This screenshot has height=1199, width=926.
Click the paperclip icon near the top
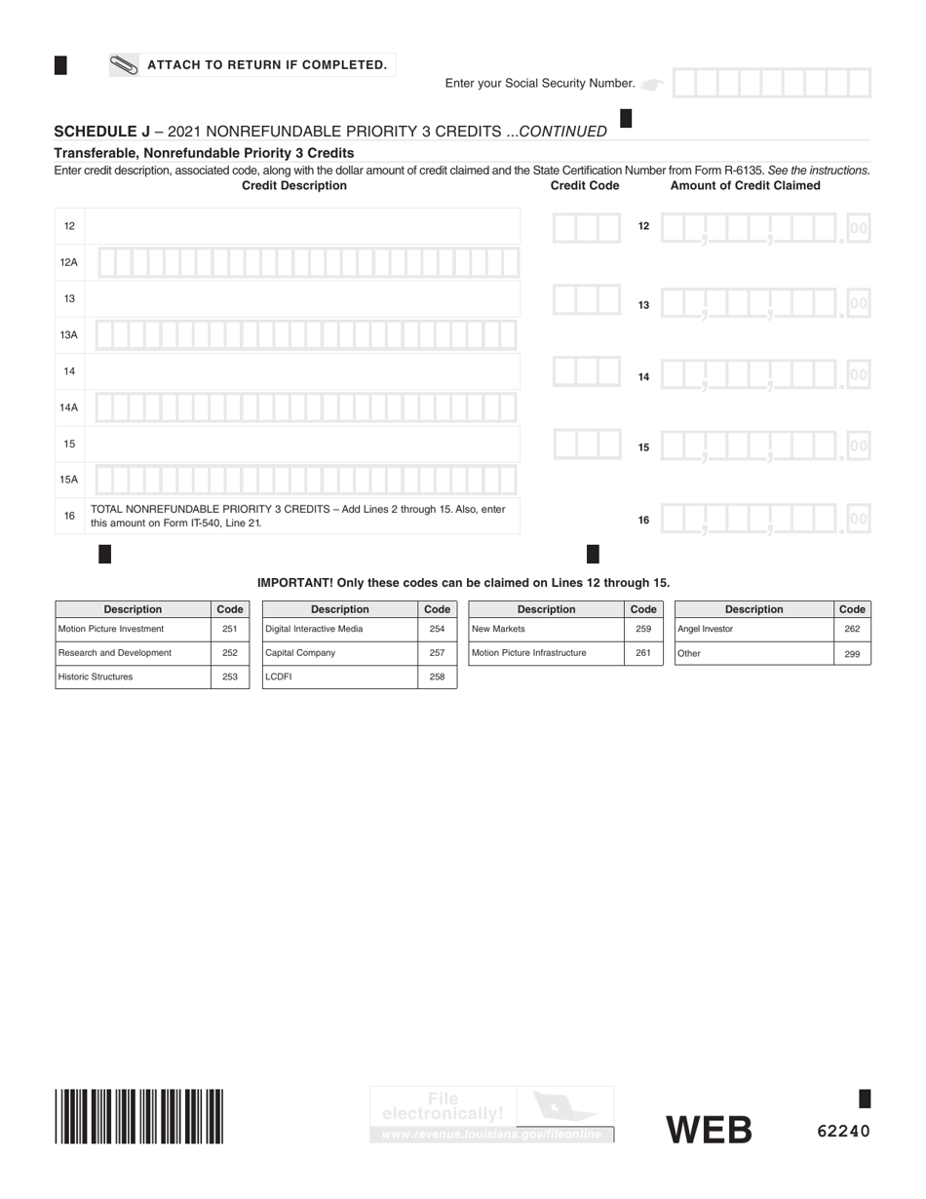(x=124, y=65)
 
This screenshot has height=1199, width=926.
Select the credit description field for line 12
(x=302, y=226)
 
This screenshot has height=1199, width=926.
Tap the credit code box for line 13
(x=586, y=299)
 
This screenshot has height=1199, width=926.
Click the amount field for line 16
(x=765, y=520)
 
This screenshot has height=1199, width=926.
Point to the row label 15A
(x=69, y=480)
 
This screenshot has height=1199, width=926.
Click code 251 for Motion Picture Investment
(x=230, y=630)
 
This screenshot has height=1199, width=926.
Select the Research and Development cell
(x=133, y=653)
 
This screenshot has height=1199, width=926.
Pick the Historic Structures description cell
(x=133, y=677)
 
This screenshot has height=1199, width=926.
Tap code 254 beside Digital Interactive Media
(x=437, y=630)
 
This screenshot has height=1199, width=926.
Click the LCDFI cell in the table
(x=339, y=677)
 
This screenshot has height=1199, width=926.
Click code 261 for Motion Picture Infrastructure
(x=643, y=653)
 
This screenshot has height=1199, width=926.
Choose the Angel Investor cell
(x=753, y=630)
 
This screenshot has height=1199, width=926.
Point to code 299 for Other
(x=852, y=654)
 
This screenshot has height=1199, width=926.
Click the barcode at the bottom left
(x=139, y=1116)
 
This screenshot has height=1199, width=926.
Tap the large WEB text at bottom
(x=709, y=1131)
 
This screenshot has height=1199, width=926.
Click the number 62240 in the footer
(x=843, y=1132)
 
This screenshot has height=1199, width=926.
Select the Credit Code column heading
(x=585, y=185)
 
